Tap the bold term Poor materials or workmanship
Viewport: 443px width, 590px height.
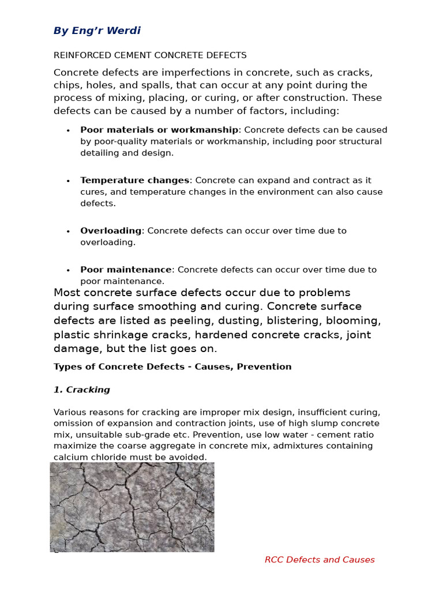pos(159,130)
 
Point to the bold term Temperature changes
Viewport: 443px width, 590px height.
pos(134,180)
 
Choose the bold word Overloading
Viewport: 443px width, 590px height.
pos(111,231)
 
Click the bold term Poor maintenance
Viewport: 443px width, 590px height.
pos(126,270)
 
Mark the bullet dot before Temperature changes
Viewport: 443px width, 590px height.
pos(68,181)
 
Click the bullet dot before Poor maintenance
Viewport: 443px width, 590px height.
pos(68,270)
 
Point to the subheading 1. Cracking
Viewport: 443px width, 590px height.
pos(81,390)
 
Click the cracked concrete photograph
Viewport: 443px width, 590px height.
pos(132,507)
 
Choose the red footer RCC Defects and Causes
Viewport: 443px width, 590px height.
pos(320,560)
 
